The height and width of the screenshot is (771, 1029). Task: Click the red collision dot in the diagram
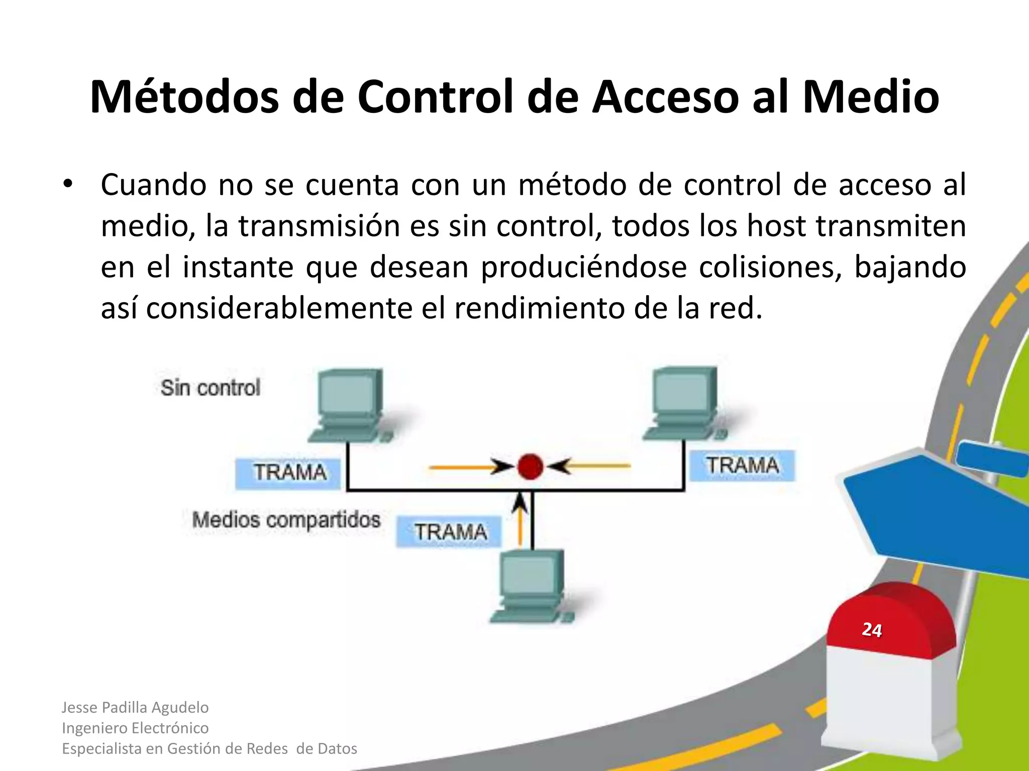(530, 466)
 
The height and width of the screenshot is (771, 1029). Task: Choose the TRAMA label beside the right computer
(742, 465)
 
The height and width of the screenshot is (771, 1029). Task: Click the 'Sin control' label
(211, 388)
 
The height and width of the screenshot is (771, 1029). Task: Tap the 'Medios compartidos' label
(286, 520)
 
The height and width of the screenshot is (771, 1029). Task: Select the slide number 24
(872, 630)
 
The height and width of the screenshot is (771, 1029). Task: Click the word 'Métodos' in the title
(184, 96)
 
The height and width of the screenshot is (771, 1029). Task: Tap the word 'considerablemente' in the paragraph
(279, 308)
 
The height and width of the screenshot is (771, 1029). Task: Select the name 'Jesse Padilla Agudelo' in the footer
(135, 707)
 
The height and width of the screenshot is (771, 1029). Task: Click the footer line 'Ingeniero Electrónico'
(135, 728)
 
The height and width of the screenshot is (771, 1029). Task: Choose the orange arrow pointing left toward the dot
(590, 466)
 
